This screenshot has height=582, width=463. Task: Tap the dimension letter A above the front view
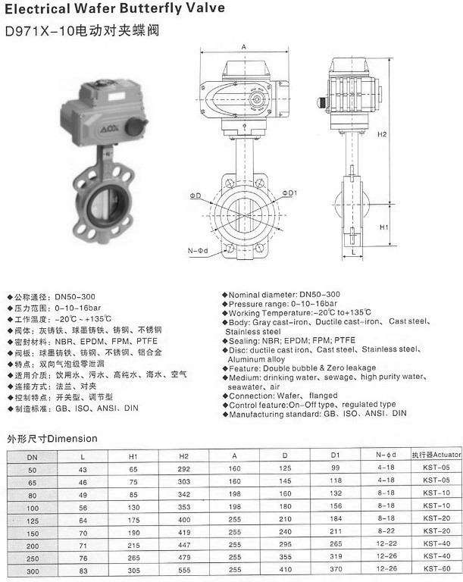pos(244,47)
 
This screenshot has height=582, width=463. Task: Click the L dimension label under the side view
pos(354,251)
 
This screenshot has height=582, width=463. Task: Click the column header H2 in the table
pos(183,456)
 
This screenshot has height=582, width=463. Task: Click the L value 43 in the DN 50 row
pos(83,468)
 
